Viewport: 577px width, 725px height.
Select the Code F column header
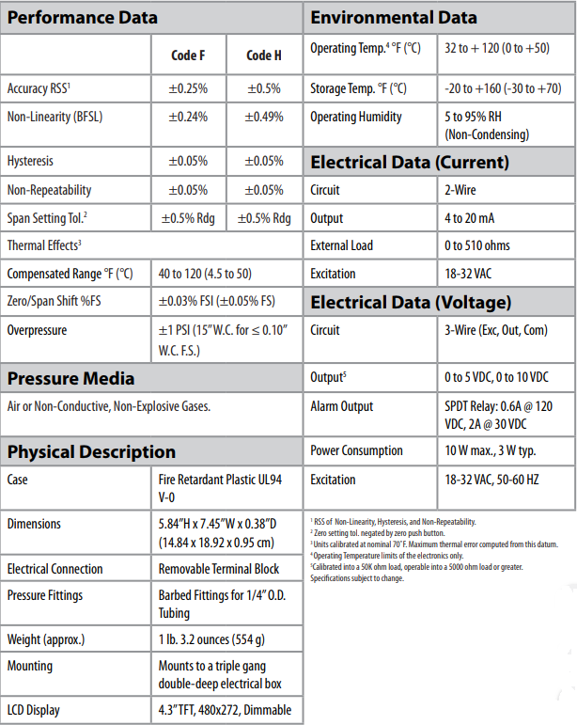(187, 55)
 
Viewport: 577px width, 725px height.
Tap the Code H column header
(264, 55)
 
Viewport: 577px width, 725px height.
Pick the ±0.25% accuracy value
(188, 88)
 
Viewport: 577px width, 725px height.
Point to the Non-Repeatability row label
(49, 190)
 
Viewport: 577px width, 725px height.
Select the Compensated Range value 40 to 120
(204, 275)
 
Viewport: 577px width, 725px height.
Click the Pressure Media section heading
(70, 379)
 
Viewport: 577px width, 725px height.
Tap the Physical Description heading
(91, 452)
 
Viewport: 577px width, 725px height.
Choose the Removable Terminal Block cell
(218, 569)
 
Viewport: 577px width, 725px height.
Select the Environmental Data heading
(393, 18)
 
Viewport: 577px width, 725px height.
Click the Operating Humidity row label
(356, 117)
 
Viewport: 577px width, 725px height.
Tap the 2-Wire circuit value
(461, 190)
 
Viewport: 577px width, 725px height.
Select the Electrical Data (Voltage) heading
(411, 303)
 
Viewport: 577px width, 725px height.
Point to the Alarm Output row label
(342, 406)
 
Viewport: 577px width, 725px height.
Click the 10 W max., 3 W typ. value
(490, 450)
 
